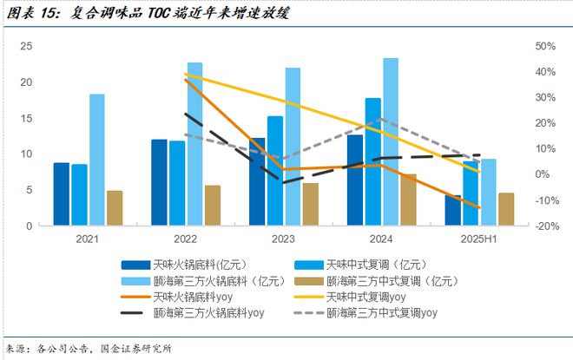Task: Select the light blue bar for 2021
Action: click(96, 160)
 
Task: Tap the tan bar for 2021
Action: click(115, 208)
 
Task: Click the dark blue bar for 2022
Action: click(159, 182)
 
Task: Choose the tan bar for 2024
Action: click(408, 200)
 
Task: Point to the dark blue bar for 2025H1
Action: click(453, 210)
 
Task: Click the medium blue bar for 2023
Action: click(274, 171)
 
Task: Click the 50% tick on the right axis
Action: click(544, 46)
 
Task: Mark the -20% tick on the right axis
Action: click(544, 226)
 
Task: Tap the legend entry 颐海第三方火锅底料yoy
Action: click(208, 314)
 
